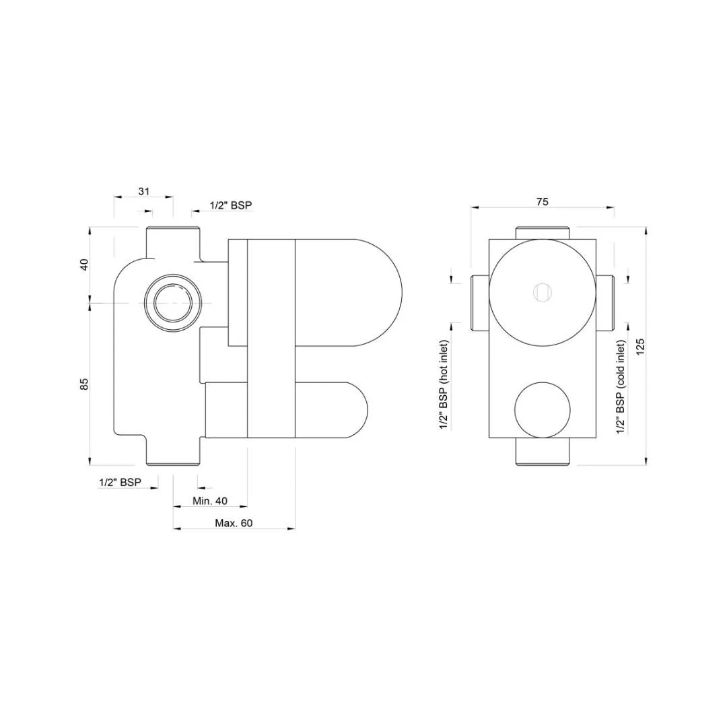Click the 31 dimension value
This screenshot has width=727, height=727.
pos(143,191)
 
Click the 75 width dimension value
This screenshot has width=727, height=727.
pos(543,201)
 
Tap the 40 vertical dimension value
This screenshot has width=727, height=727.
pos(84,264)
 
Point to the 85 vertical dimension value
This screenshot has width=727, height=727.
pos(84,384)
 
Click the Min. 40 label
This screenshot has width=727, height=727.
pos(210,501)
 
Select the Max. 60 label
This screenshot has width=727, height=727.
pos(234,523)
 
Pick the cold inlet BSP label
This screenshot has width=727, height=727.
pos(621,386)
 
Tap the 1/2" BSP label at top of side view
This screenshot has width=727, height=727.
pos(231,205)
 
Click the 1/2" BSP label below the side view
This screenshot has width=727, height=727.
pos(120,482)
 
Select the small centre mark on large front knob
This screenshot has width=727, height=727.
pos(543,292)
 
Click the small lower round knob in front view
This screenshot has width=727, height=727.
pos(543,410)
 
